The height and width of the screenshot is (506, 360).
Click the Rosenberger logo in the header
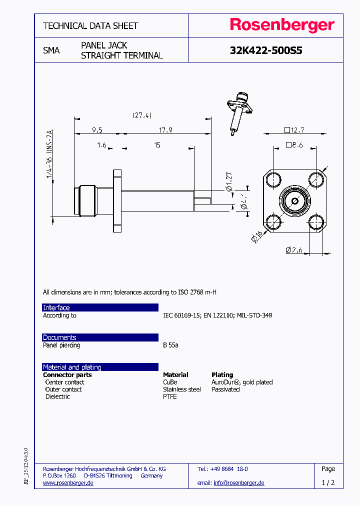coord(282,25)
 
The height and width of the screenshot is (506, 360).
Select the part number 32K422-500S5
coord(266,50)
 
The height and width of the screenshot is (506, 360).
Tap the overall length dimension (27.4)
coord(142,115)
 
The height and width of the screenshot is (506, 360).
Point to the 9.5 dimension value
coord(97,130)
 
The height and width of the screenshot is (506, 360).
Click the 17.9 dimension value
coord(165,130)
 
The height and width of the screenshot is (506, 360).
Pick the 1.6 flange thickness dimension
coord(101,145)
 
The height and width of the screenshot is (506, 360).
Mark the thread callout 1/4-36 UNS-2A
coord(49,154)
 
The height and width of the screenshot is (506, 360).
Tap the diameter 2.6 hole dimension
coord(295,250)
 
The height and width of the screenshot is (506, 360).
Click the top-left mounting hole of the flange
coord(272,179)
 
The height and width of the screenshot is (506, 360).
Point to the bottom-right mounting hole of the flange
coord(315,222)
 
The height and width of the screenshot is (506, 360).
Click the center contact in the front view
coord(294,201)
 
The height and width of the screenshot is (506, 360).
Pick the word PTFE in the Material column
coord(170,396)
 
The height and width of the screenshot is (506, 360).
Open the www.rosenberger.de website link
coord(68,482)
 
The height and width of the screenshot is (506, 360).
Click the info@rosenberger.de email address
coord(238,482)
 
